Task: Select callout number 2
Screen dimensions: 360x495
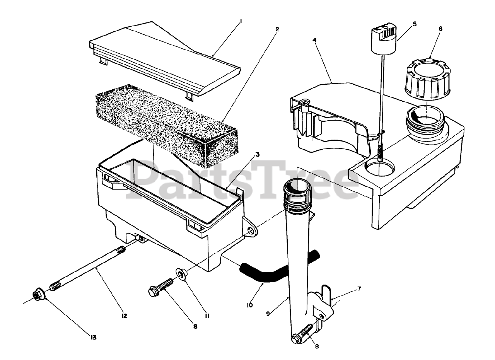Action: click(x=277, y=29)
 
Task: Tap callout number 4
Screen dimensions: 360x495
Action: click(x=315, y=40)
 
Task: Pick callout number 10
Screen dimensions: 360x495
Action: click(x=249, y=305)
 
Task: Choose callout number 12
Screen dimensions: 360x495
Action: click(x=124, y=316)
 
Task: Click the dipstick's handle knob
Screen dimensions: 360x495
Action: click(x=384, y=37)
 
